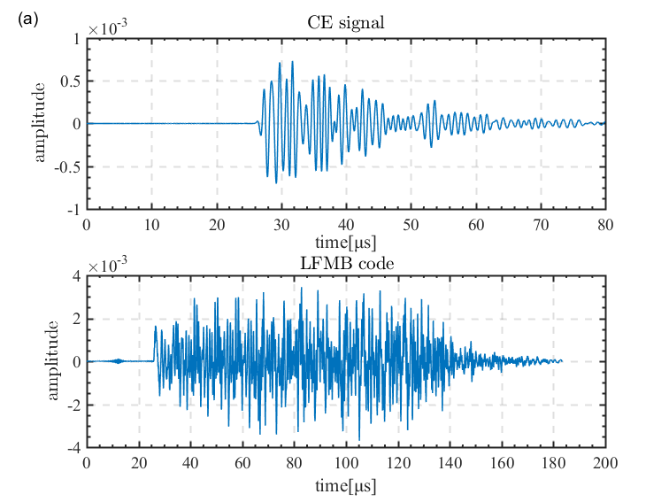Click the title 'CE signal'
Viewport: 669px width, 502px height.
(x=346, y=23)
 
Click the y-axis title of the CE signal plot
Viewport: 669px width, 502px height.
(x=40, y=122)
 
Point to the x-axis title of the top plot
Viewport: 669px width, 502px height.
(x=346, y=241)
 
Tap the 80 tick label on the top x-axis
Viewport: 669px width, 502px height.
(x=605, y=224)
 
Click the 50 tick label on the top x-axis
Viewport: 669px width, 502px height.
(x=411, y=224)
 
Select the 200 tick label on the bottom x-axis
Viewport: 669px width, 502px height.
(x=605, y=463)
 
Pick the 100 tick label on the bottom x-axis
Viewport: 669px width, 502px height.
(x=346, y=463)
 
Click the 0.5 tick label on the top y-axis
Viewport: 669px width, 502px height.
(x=70, y=81)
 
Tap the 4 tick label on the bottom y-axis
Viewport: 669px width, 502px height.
(x=77, y=277)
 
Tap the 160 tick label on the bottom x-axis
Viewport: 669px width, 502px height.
(x=502, y=463)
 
